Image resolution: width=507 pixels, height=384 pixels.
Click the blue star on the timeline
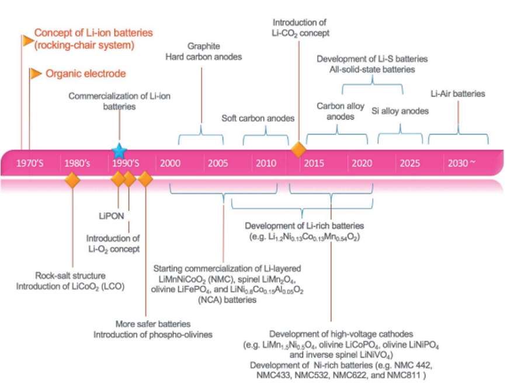point(119,150)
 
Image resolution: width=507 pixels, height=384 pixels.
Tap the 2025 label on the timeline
point(409,163)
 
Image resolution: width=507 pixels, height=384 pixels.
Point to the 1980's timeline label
point(78,163)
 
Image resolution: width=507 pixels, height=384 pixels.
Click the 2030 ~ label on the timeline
point(460,163)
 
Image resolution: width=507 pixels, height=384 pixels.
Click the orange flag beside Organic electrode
point(36,73)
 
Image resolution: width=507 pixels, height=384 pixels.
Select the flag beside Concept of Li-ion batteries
point(28,41)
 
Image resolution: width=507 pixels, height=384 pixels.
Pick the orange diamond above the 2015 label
point(298,149)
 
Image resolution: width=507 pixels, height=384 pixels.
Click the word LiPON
point(111,215)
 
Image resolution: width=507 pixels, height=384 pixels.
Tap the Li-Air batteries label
point(457,93)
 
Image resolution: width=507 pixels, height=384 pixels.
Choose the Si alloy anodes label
point(400,111)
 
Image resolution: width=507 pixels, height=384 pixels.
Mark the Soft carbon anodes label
point(258,118)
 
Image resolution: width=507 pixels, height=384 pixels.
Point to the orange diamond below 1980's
point(72,180)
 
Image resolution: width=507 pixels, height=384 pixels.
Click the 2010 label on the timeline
point(266,163)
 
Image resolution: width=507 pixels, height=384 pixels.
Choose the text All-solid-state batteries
point(373,69)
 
